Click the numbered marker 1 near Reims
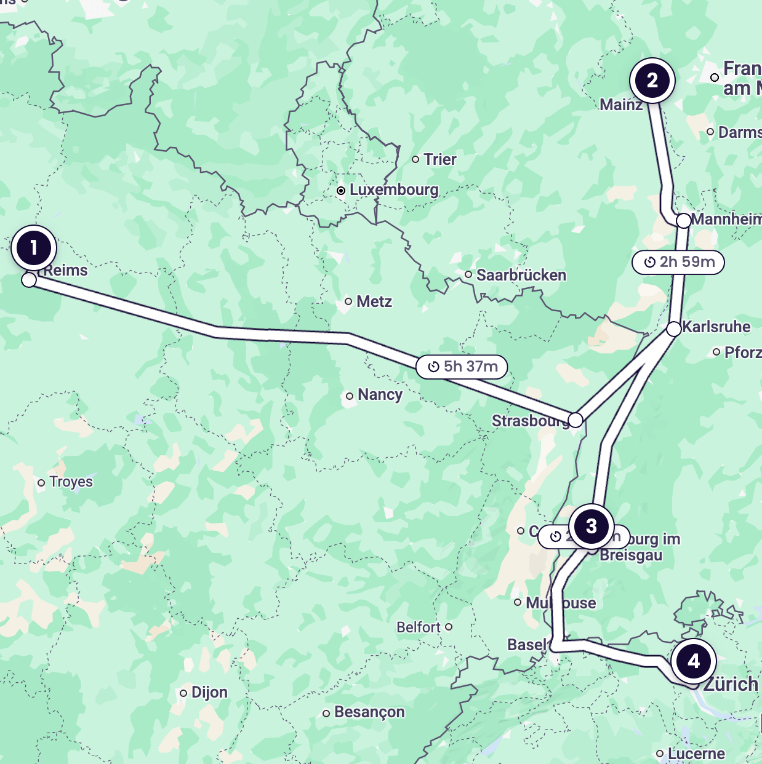(34, 248)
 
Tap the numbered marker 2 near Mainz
(652, 81)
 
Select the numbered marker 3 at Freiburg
(591, 527)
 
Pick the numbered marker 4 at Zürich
(694, 661)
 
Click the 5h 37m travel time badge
(462, 367)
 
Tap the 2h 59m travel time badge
(678, 262)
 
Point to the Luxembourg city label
(394, 190)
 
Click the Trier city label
(439, 159)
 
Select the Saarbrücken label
(521, 275)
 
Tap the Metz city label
(374, 301)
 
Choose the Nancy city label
(380, 395)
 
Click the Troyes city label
(71, 482)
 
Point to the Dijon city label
(209, 693)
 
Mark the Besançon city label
(369, 712)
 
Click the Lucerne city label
(696, 754)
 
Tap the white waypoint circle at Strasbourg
(576, 420)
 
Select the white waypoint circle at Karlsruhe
(674, 328)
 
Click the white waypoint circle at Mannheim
(684, 220)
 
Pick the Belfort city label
(419, 627)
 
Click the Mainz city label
(620, 105)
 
